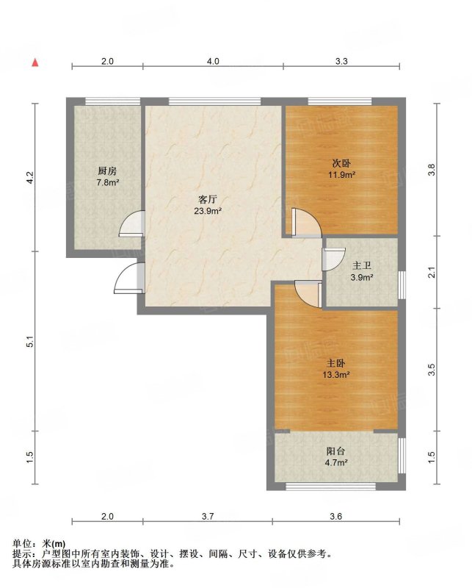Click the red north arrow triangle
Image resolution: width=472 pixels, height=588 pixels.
click(35, 62)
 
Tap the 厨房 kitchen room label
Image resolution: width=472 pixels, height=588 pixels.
click(107, 171)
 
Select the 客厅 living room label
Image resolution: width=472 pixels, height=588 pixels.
click(208, 199)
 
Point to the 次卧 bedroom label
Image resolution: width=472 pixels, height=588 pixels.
click(341, 163)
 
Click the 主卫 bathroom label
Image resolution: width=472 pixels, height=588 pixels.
click(361, 266)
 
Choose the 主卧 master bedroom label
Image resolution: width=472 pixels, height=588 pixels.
click(336, 363)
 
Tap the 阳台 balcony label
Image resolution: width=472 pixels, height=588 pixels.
click(335, 451)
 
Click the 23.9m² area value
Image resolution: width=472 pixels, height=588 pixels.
click(208, 211)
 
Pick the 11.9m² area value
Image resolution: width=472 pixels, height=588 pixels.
click(341, 175)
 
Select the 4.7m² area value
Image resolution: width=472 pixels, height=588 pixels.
click(336, 463)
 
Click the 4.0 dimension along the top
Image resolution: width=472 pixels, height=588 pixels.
click(213, 61)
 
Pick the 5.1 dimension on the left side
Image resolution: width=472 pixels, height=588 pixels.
click(30, 342)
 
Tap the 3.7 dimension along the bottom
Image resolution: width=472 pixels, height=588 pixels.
click(208, 517)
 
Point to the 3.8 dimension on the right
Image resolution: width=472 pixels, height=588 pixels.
click(432, 170)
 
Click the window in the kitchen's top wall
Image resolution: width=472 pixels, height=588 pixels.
click(113, 101)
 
